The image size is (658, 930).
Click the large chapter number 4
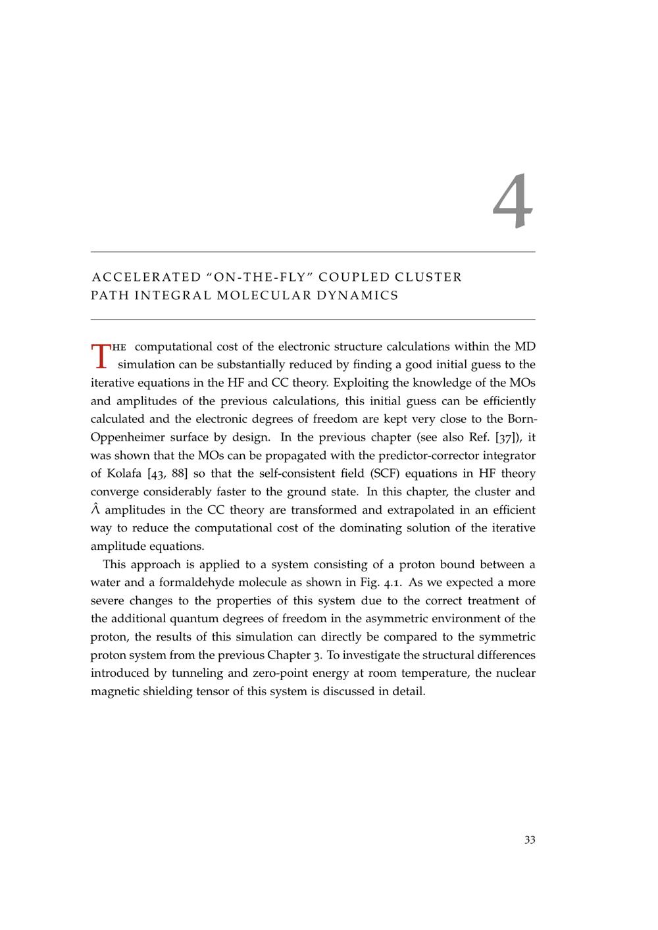[x=513, y=202]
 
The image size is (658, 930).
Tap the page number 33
[x=530, y=840]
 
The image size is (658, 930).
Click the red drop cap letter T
[x=101, y=355]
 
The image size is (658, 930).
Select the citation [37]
[x=509, y=437]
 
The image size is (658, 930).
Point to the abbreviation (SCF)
[x=388, y=474]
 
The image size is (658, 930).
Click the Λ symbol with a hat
[x=95, y=510]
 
